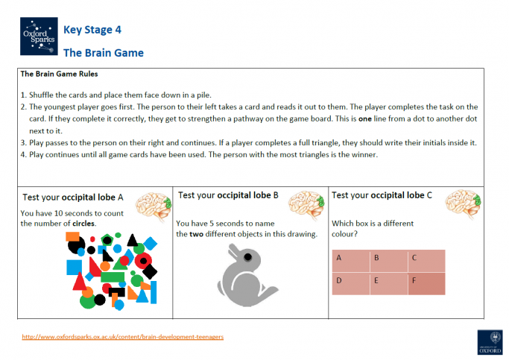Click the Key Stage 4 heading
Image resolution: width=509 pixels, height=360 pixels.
pyautogui.click(x=92, y=30)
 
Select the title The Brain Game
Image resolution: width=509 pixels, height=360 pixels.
pyautogui.click(x=103, y=53)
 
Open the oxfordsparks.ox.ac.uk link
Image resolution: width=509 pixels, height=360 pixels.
pyautogui.click(x=122, y=336)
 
